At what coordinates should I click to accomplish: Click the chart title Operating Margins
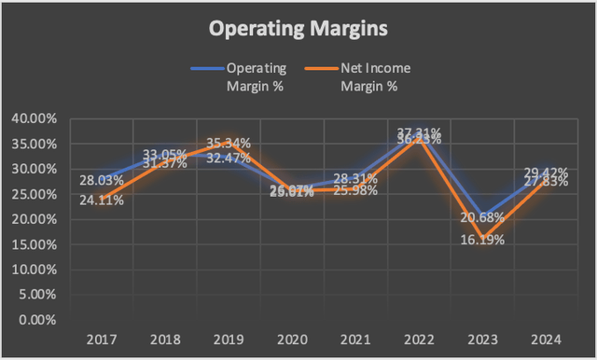tap(298, 29)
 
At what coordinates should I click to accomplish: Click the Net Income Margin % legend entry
tap(355, 76)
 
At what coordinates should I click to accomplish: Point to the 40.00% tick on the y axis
tap(35, 118)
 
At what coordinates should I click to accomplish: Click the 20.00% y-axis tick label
tap(35, 219)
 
